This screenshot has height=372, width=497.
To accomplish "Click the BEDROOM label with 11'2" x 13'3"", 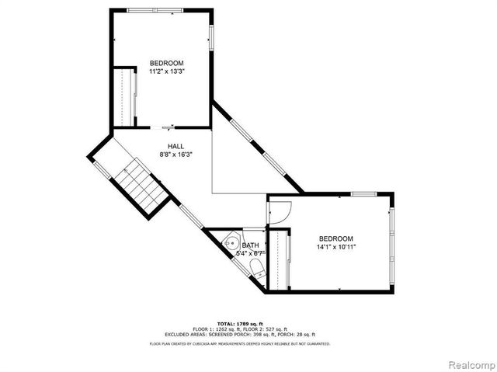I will tap(166, 63).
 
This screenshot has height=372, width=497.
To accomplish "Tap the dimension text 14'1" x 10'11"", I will tap(335, 247).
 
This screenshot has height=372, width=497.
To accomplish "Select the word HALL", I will tap(176, 146).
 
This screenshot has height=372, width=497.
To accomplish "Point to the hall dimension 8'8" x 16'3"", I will tap(176, 155).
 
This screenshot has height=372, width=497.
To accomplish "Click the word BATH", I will tap(250, 245).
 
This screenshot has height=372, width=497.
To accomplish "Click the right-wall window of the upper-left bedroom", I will tap(210, 38).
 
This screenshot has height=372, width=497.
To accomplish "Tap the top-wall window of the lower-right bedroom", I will tap(363, 193).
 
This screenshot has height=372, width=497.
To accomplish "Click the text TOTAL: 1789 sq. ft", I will tap(240, 323).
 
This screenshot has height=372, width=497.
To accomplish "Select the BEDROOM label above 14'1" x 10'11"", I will tap(335, 238).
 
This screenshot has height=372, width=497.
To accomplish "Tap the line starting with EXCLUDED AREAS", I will tap(240, 335).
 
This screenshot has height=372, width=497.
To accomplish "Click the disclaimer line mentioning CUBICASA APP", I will tap(240, 343).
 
